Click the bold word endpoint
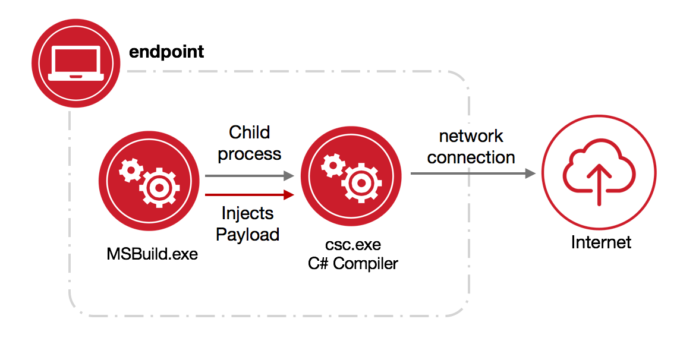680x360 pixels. [x=166, y=52]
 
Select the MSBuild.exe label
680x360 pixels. [x=152, y=254]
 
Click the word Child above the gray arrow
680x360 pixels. [x=250, y=132]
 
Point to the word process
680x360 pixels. [x=250, y=154]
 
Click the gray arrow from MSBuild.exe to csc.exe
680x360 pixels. [x=250, y=176]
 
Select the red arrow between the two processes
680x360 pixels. [x=250, y=194]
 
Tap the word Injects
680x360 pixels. [x=248, y=213]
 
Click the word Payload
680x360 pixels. [x=248, y=235]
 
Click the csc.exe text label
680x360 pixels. [x=353, y=245]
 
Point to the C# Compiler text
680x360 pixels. [x=353, y=264]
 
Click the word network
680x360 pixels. [x=471, y=136]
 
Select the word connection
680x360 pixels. [x=471, y=157]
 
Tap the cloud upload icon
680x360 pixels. [x=599, y=173]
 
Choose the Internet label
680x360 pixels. [x=601, y=242]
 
